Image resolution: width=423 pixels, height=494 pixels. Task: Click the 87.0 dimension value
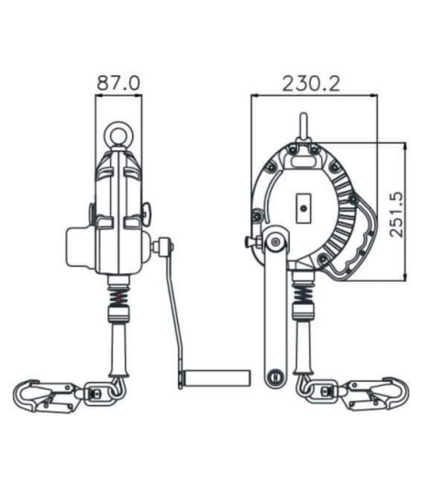119,83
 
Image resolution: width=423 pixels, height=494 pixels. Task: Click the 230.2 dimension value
311,83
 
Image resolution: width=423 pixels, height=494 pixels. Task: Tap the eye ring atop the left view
119,134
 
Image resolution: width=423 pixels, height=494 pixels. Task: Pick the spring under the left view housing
119,295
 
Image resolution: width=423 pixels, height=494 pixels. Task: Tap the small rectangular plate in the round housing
304,208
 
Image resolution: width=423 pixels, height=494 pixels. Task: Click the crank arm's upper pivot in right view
275,241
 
